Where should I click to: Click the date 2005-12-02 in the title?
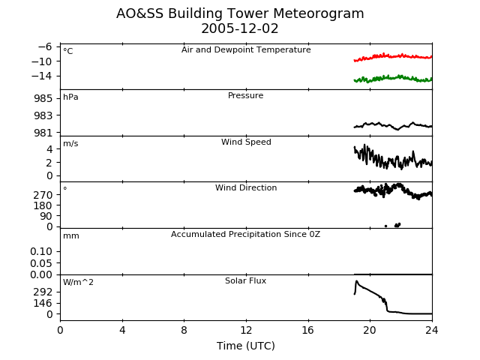coord(240,28)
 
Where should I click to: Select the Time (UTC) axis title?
coord(246,346)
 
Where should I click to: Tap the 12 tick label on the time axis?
coord(246,330)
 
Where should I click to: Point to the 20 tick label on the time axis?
coord(370,330)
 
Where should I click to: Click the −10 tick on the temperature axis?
coord(42,61)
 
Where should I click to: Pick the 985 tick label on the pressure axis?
coord(43,98)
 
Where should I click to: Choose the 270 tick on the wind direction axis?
coord(43,195)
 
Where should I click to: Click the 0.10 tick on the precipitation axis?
coord(41,252)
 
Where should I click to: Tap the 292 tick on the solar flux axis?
coord(43,292)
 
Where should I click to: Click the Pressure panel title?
coord(245,95)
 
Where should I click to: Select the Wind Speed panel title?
coord(246,142)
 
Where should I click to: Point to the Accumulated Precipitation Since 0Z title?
coord(245,235)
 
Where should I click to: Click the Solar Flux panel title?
coord(245,280)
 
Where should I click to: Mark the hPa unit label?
coord(70,97)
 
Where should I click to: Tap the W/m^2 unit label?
coord(78,282)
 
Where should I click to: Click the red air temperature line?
coord(393,56)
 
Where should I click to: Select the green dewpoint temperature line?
coord(393,78)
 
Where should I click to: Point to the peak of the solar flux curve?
coord(357,281)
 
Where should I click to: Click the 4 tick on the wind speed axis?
coord(49,149)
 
